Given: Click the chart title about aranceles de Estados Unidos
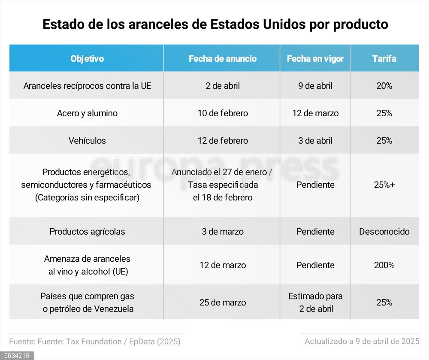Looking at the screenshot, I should [x=215, y=24].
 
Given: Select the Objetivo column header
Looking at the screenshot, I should [x=87, y=59].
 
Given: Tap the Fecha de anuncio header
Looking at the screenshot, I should [x=223, y=59].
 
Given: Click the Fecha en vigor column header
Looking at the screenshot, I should [x=315, y=59].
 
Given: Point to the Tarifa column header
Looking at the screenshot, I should [x=384, y=59].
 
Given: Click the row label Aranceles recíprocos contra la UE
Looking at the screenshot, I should [x=87, y=86].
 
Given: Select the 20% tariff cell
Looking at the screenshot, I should [x=384, y=86].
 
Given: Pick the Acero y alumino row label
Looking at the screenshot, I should [x=87, y=113].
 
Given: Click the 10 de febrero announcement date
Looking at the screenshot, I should [x=223, y=113].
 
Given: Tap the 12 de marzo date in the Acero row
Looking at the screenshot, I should [x=315, y=113].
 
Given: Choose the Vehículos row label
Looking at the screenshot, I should [x=87, y=141].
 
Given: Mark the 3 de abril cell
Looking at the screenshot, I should [x=315, y=141].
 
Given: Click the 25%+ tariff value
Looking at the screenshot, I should [x=384, y=185].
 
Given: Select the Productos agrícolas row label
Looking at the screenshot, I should [x=87, y=232].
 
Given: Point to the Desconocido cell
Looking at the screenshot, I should [x=384, y=232].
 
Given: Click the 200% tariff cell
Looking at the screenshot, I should [x=384, y=265].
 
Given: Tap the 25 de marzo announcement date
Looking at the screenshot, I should [x=223, y=303].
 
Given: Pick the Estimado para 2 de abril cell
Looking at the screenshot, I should [x=315, y=303].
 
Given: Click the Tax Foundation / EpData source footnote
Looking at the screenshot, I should [x=95, y=342].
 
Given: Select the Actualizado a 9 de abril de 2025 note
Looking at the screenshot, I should [x=362, y=342].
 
